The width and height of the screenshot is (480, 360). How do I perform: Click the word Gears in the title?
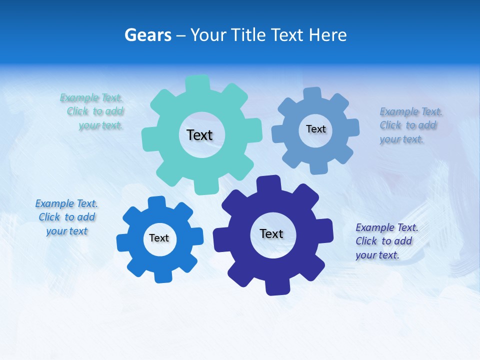(x=147, y=35)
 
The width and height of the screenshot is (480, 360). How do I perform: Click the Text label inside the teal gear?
(x=199, y=135)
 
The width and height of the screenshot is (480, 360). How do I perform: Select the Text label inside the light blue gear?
(x=315, y=129)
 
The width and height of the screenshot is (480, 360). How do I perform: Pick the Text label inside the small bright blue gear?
(x=159, y=238)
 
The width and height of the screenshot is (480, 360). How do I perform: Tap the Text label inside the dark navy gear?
(x=271, y=233)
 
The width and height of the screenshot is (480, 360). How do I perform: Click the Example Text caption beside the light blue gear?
(x=410, y=125)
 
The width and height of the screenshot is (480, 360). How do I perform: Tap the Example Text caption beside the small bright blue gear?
(x=66, y=217)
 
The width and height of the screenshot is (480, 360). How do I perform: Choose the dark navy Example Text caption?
(x=386, y=241)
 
